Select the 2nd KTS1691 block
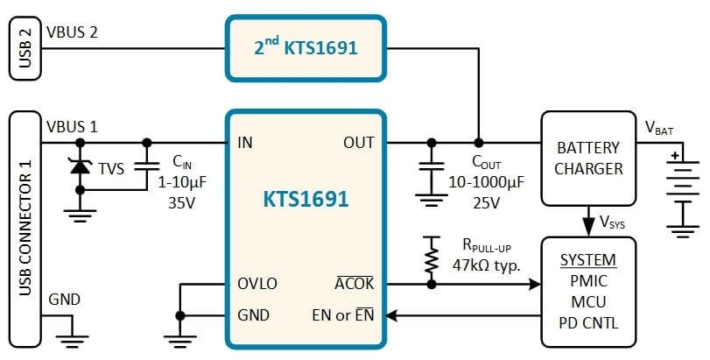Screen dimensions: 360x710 306,47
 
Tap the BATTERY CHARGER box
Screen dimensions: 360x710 588,159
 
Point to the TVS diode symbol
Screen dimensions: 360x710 81,166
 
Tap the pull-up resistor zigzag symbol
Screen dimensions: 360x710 431,258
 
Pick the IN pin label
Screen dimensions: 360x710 245,142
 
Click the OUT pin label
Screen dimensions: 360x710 359,142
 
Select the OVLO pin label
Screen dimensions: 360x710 257,284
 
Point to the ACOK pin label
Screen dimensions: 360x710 355,284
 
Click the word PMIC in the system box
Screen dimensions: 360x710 588,282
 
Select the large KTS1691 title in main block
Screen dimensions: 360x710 306,199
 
